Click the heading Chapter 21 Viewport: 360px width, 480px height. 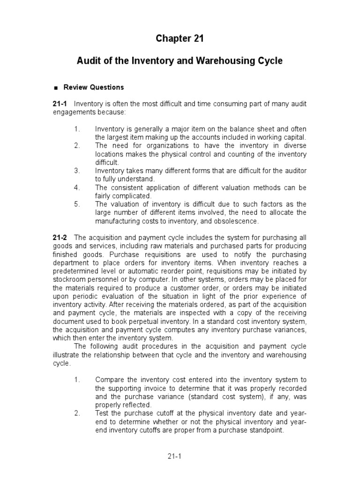tap(180, 39)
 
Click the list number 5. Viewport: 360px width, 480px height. tap(77, 204)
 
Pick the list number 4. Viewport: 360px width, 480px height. tap(77, 187)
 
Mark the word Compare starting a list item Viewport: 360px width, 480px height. tap(111, 380)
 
